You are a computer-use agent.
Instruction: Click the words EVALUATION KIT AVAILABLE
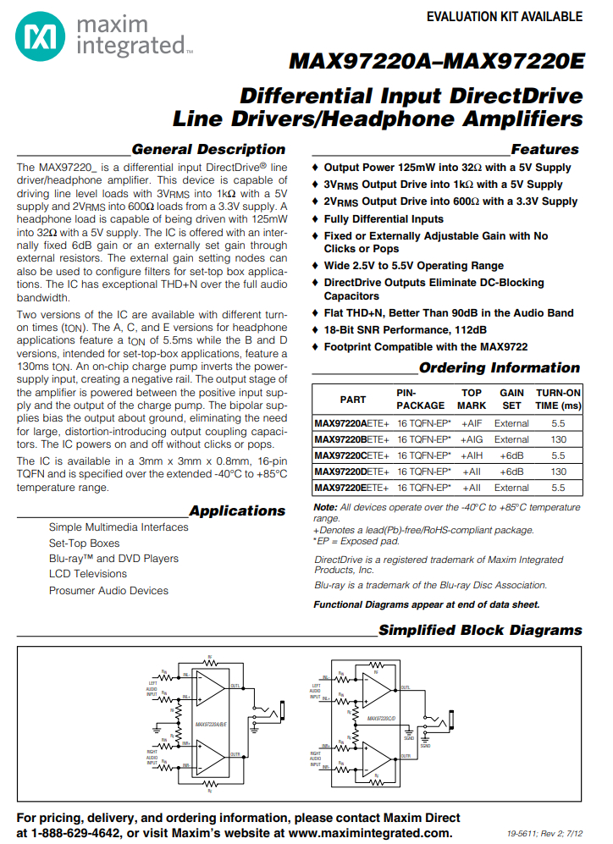[x=504, y=17]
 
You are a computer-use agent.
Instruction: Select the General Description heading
[x=208, y=150]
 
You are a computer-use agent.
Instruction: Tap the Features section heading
[x=544, y=150]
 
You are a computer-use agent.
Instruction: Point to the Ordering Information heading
[x=499, y=368]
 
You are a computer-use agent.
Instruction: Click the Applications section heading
[x=237, y=511]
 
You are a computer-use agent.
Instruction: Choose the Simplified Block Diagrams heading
[x=480, y=631]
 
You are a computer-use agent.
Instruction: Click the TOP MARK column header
[x=472, y=399]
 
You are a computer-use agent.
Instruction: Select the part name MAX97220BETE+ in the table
[x=351, y=439]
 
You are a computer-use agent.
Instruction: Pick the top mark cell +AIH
[x=472, y=455]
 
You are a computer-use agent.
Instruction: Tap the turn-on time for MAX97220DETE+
[x=558, y=472]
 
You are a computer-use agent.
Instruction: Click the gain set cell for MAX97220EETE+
[x=511, y=488]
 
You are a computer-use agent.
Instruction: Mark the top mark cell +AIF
[x=472, y=423]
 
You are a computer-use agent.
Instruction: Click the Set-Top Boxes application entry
[x=84, y=543]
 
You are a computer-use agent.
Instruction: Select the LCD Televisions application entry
[x=87, y=574]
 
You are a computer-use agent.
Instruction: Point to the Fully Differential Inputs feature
[x=384, y=219]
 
